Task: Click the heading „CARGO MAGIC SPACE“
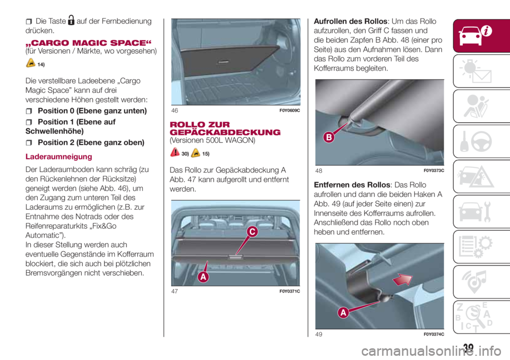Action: point(89,43)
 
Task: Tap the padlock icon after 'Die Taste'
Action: point(71,20)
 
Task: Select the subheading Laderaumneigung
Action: point(58,157)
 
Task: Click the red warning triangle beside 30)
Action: point(175,152)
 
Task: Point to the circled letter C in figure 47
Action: point(252,232)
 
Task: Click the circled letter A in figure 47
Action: point(203,277)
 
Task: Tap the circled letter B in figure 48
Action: point(329,137)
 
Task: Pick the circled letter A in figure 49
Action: point(343,313)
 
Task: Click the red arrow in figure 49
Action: point(403,279)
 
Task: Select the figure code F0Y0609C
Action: point(290,110)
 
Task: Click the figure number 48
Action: point(319,171)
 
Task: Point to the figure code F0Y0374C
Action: point(434,335)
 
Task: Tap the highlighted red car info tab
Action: point(481,36)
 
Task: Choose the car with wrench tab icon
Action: point(475,212)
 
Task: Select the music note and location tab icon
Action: point(474,281)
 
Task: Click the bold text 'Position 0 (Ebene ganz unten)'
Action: point(92,111)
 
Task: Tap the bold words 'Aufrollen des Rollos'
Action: point(351,21)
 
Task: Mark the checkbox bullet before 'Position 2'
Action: point(29,143)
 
